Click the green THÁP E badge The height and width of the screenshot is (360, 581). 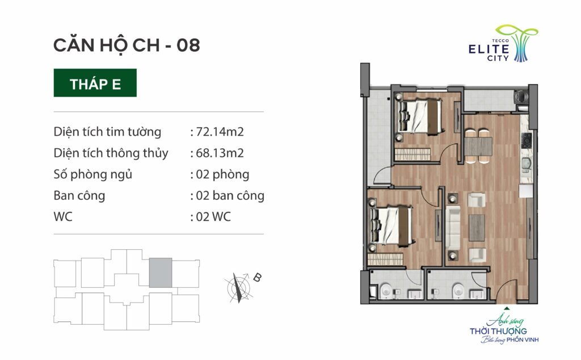click(x=95, y=83)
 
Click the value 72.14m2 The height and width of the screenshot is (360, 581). click(x=220, y=132)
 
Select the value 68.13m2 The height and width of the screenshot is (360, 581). click(x=220, y=153)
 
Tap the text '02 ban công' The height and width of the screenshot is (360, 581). click(x=230, y=195)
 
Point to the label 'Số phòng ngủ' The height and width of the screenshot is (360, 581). click(x=92, y=174)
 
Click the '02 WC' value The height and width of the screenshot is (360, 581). click(x=213, y=216)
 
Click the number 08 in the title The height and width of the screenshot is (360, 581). click(x=188, y=45)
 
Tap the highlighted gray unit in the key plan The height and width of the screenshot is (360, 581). click(x=161, y=273)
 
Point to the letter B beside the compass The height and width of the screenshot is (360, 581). click(x=257, y=277)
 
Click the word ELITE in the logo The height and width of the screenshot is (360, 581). click(x=489, y=49)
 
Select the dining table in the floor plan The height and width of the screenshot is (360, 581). click(x=478, y=146)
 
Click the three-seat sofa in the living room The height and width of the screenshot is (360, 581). click(x=452, y=228)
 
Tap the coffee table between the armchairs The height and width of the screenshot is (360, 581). click(x=477, y=228)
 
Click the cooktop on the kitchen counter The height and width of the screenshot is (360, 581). click(x=527, y=140)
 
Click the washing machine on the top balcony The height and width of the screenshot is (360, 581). click(x=521, y=97)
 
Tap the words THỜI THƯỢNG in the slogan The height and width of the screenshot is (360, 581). click(x=498, y=331)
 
